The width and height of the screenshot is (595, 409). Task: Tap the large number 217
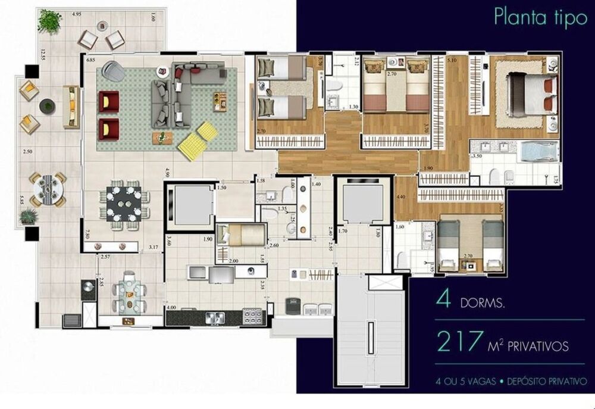458,342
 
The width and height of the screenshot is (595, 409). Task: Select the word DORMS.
483,303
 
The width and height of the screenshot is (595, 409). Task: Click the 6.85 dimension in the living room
91,61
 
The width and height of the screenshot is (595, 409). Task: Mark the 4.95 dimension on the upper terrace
77,13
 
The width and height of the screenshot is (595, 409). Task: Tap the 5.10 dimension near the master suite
452,60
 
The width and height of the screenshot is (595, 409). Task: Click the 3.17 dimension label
153,246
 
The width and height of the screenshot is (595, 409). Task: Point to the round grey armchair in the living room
113,72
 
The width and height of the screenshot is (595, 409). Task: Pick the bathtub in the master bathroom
538,152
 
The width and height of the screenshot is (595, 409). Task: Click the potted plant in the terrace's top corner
49,21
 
